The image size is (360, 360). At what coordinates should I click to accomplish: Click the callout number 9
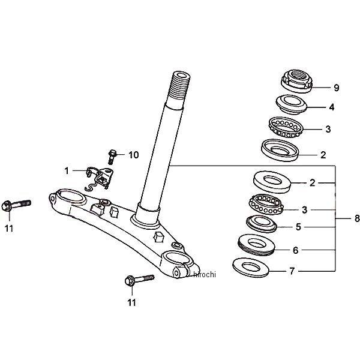click(x=336, y=88)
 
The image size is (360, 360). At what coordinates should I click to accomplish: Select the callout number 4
click(x=332, y=107)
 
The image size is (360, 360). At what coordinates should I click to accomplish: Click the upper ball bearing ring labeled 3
click(x=286, y=127)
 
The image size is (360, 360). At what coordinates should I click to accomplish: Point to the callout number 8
click(x=357, y=218)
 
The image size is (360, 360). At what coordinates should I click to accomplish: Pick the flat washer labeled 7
click(x=250, y=268)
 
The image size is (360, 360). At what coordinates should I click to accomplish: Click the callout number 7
click(x=292, y=271)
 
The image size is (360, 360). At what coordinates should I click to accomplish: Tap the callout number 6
click(x=295, y=250)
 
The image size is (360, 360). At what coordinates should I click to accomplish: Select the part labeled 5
click(x=262, y=224)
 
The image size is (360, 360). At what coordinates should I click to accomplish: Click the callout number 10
click(x=133, y=155)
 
